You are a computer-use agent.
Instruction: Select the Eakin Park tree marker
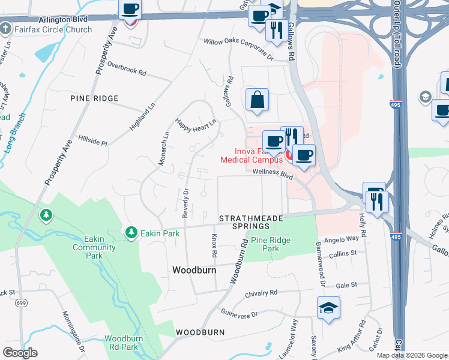[x=131, y=232]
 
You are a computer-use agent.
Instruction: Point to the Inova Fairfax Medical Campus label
[x=251, y=156]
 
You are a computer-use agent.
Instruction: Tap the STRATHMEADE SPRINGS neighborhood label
[x=252, y=222]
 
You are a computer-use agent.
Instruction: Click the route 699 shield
[x=20, y=303]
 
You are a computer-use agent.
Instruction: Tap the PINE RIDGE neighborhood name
[x=94, y=98]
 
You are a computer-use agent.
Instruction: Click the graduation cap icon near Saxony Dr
[x=328, y=308]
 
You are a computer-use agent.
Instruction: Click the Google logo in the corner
[x=20, y=353]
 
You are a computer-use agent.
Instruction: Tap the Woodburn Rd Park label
[x=124, y=343]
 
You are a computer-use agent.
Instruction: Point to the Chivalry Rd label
[x=262, y=293]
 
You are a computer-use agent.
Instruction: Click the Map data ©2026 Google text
[x=412, y=355]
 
